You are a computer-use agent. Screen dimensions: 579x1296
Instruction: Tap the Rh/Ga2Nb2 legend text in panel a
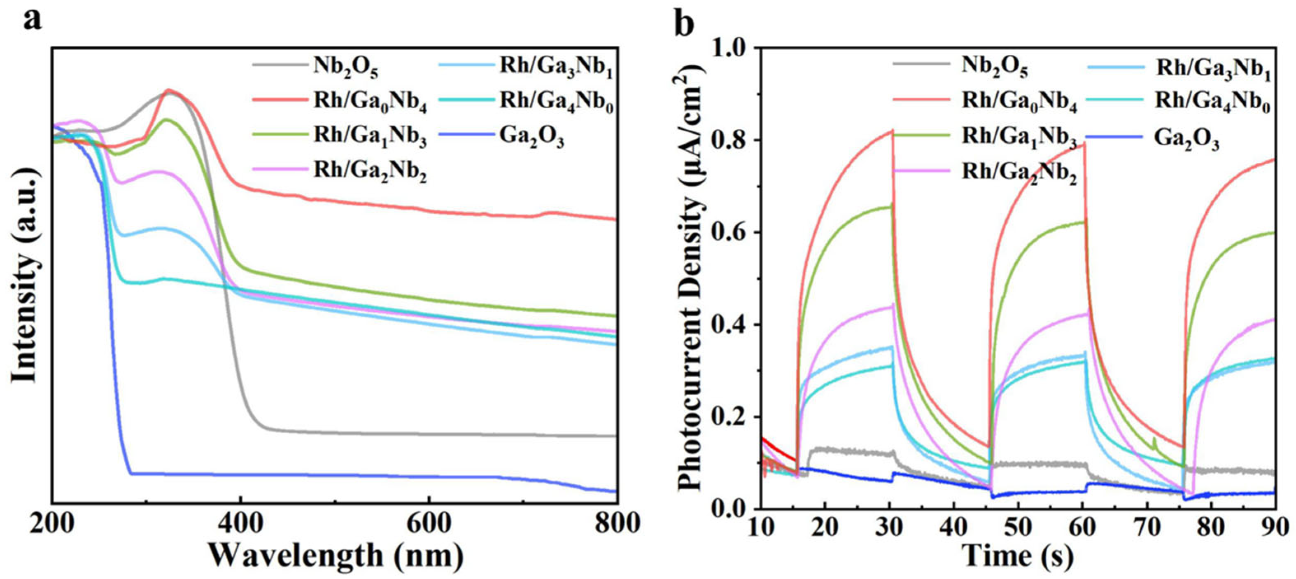pyautogui.click(x=370, y=171)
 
